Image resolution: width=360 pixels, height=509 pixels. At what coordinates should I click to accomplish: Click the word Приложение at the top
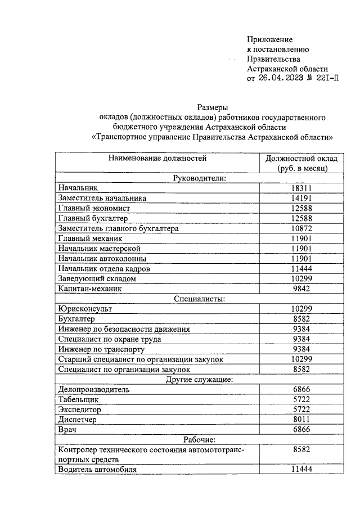pyautogui.click(x=270, y=39)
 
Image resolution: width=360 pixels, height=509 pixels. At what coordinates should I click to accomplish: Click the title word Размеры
pyautogui.click(x=211, y=107)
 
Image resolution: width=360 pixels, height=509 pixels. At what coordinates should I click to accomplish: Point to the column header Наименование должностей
pyautogui.click(x=158, y=158)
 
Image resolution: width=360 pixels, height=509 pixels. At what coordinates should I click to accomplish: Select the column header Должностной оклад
pyautogui.click(x=302, y=158)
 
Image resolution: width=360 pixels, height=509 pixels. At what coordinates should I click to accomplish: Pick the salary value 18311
pyautogui.click(x=302, y=188)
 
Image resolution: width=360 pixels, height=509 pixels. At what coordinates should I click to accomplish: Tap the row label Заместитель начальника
pyautogui.click(x=102, y=198)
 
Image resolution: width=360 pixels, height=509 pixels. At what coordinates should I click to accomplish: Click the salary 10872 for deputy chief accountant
pyautogui.click(x=302, y=228)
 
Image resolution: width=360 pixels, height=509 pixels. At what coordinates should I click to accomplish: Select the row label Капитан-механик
pyautogui.click(x=90, y=289)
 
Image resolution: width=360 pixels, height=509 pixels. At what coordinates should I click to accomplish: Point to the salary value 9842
pyautogui.click(x=302, y=289)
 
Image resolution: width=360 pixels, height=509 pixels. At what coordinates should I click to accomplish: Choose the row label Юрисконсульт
pyautogui.click(x=85, y=309)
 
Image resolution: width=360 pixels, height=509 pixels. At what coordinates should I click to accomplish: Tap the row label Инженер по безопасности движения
pyautogui.click(x=124, y=329)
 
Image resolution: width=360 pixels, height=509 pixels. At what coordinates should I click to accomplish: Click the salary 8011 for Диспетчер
pyautogui.click(x=302, y=419)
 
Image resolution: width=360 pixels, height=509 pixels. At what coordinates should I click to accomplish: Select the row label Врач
pyautogui.click(x=67, y=429)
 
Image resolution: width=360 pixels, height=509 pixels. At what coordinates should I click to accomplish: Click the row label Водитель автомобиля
pyautogui.click(x=97, y=469)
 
